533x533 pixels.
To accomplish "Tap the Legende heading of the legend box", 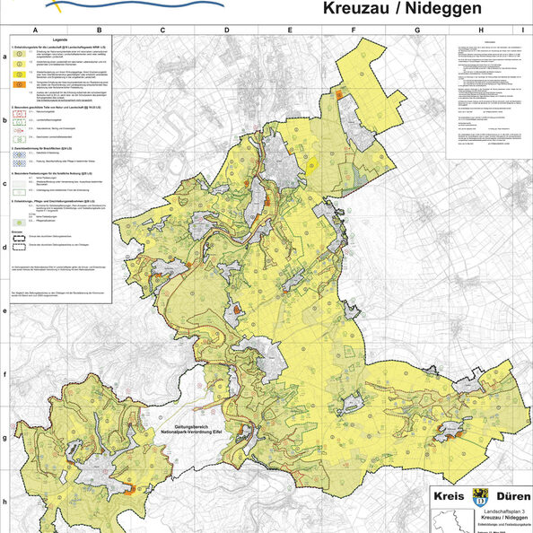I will click(60, 42).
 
